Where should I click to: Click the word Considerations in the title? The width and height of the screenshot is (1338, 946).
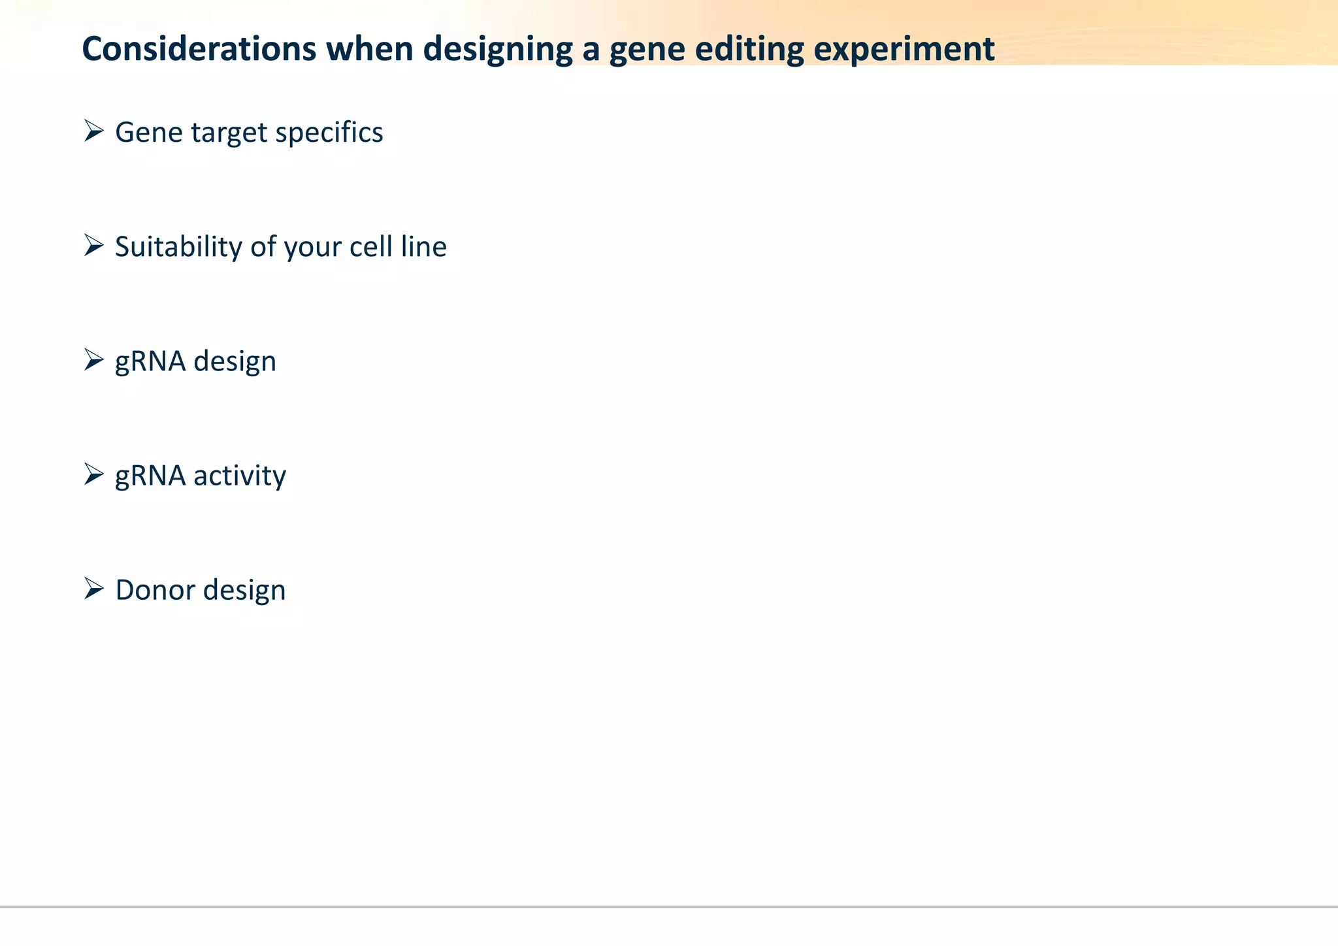click(199, 49)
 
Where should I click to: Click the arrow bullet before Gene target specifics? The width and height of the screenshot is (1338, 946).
click(94, 131)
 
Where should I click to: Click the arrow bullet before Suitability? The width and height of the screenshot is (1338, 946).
click(94, 246)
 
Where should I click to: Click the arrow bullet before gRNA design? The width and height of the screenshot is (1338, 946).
click(94, 360)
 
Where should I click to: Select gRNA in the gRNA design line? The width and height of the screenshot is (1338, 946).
click(150, 361)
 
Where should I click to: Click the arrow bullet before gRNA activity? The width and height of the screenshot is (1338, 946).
click(94, 474)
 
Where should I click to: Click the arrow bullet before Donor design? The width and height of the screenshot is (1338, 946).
click(94, 589)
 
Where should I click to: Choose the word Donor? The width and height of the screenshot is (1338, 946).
click(155, 590)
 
